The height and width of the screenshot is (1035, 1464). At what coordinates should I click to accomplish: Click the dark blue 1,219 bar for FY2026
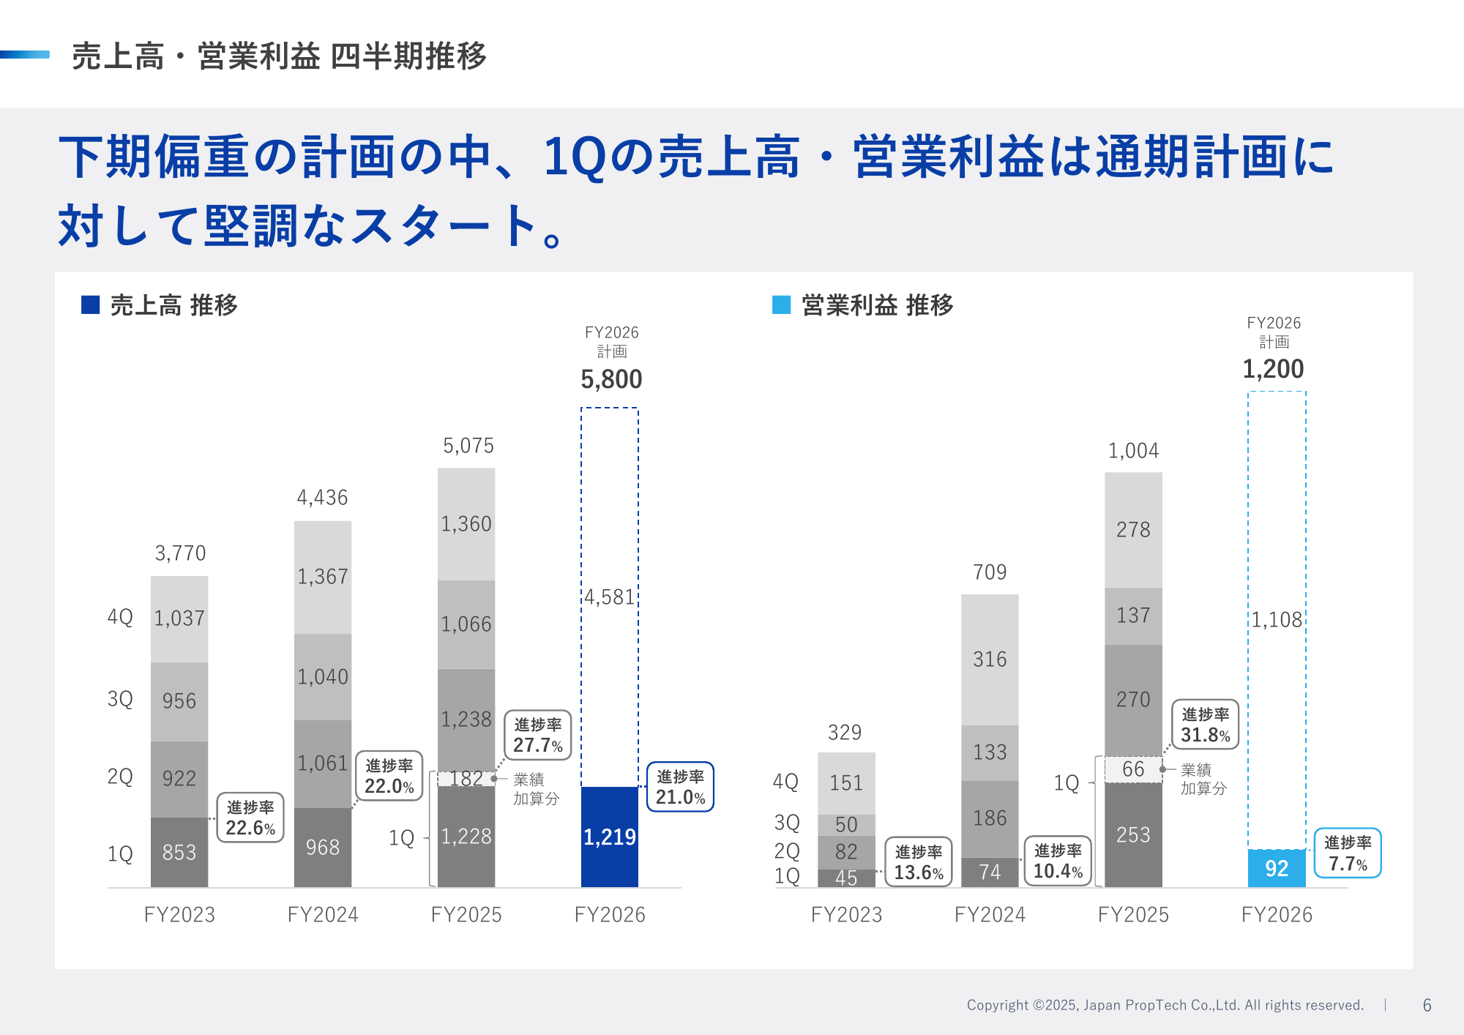(609, 837)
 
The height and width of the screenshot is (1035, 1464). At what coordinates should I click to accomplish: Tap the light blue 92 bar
(1276, 868)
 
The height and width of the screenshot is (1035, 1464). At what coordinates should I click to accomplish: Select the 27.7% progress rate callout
(537, 736)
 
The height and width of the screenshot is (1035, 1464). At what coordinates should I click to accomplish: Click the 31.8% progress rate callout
(1205, 725)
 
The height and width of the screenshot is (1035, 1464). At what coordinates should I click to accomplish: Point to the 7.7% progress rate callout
(1347, 853)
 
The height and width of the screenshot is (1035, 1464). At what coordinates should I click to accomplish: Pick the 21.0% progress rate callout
(679, 787)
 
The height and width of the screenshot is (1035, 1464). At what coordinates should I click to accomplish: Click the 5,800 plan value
(611, 379)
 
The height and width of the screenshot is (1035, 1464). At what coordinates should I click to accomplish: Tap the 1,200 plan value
(1273, 369)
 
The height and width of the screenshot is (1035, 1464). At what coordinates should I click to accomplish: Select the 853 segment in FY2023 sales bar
(179, 852)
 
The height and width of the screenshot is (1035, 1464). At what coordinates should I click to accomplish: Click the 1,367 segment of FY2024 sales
(323, 577)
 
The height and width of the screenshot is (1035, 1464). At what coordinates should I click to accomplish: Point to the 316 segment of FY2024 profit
(990, 659)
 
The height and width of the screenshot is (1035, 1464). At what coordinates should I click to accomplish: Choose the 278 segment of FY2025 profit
(1133, 529)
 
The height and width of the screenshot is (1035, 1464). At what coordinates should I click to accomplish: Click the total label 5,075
(468, 446)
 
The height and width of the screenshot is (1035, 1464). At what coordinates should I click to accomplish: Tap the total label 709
(990, 572)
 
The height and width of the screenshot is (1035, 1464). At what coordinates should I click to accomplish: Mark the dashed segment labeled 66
(1133, 769)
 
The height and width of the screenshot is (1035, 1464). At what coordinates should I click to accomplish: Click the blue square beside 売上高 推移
(90, 304)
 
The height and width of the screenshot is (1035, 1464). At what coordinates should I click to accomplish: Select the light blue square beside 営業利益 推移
(781, 304)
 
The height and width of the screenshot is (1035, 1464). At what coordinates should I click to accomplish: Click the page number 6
(1427, 1005)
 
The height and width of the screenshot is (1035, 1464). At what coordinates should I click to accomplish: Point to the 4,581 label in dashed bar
(610, 597)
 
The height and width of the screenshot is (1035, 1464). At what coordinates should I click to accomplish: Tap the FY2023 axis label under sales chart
(179, 914)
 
